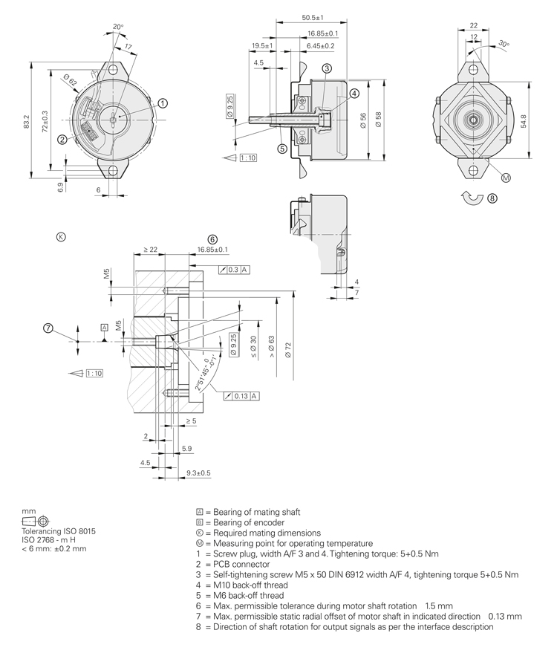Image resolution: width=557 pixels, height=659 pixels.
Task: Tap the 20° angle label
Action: tap(117, 27)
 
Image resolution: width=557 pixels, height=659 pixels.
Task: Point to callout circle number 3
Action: tap(326, 68)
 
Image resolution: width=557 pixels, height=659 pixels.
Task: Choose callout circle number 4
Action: tap(355, 93)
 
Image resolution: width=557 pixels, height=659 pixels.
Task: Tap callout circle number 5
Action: tap(282, 148)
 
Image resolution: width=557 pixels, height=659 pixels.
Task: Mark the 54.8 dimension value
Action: tap(524, 120)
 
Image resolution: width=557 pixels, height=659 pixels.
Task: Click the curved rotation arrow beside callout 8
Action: tap(471, 198)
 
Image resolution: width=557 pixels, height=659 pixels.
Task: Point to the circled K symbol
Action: tap(61, 236)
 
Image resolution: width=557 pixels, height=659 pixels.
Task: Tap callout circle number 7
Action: tap(48, 328)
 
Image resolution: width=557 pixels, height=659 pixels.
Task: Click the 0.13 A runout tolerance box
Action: tap(241, 396)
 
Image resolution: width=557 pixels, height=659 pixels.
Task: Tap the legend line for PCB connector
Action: tap(235, 564)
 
